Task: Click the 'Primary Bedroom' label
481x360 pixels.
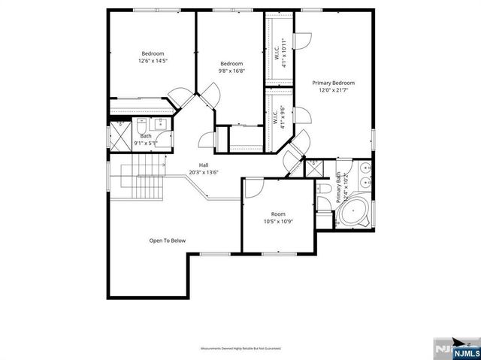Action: click(333, 83)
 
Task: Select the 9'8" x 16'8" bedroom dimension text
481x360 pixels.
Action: click(232, 71)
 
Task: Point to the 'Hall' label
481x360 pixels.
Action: click(203, 165)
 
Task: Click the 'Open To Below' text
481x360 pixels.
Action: click(167, 241)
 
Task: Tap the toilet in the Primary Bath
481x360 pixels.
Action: click(323, 189)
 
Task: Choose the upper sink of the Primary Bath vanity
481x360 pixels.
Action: click(365, 168)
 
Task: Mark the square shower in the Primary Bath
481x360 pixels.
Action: click(313, 168)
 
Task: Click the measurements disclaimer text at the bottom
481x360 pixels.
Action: click(240, 349)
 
